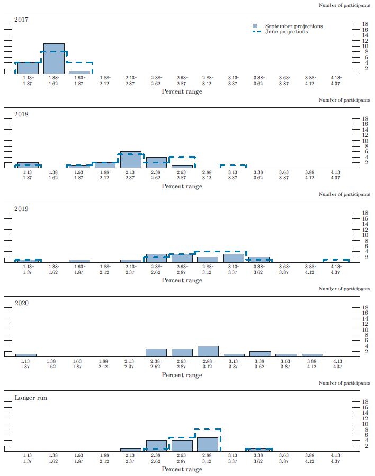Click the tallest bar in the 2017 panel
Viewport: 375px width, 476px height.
[53, 59]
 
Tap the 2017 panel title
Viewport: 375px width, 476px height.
[21, 20]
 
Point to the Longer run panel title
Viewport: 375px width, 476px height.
[31, 397]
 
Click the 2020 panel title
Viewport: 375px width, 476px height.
[21, 303]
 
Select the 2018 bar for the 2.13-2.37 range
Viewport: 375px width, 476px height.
[131, 160]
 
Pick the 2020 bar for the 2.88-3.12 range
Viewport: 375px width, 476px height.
[208, 351]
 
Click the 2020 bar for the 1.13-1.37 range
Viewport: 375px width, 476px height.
[26, 355]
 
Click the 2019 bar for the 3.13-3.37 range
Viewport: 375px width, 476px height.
[233, 258]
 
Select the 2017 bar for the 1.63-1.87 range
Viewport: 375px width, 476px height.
[79, 72]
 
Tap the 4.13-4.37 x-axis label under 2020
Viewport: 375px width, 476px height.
[336, 364]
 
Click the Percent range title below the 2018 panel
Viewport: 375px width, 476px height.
[182, 186]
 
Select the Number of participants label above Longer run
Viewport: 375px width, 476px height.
[344, 383]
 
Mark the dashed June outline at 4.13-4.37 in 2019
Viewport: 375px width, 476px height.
[336, 260]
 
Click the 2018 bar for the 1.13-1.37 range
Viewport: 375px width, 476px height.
[28, 165]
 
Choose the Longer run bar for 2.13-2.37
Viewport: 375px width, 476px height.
[131, 450]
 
